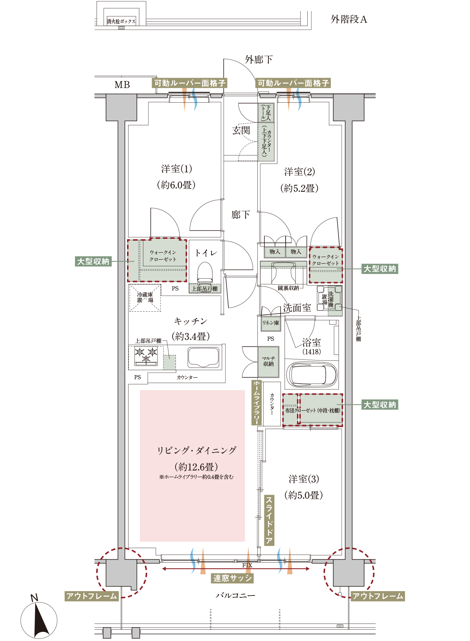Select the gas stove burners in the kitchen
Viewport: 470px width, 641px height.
[x=146, y=355]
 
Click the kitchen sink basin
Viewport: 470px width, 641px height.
[x=203, y=357]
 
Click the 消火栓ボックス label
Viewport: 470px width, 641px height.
[x=121, y=21]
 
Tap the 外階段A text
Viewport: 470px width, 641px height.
[x=349, y=19]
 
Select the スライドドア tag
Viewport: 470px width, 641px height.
[x=269, y=520]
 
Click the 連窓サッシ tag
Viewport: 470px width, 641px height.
[x=232, y=578]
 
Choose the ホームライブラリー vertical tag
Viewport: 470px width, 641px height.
[x=256, y=403]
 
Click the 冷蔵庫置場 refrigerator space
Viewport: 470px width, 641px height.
[x=145, y=298]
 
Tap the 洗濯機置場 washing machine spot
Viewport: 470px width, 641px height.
[x=329, y=300]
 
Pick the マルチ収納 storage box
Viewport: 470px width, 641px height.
[x=268, y=362]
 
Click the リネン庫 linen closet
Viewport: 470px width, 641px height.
[x=271, y=323]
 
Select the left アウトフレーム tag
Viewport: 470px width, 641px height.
[x=91, y=596]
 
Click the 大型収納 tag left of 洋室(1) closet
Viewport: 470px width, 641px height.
[x=93, y=261]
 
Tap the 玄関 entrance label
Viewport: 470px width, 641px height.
[x=241, y=130]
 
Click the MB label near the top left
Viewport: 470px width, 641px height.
[x=122, y=85]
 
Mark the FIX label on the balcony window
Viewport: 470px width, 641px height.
[x=247, y=565]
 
